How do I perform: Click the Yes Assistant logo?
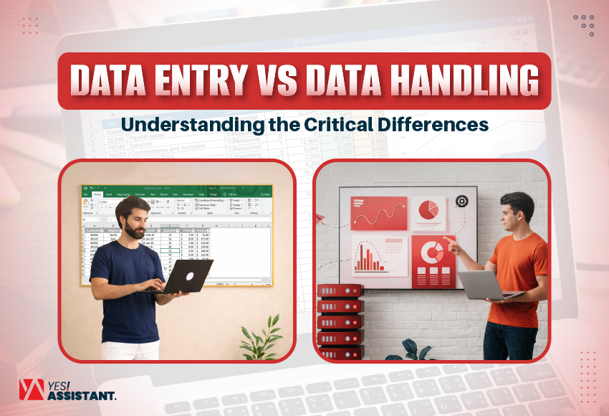tap(67, 391)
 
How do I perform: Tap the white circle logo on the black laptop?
tap(192, 276)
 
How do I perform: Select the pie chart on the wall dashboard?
tap(428, 209)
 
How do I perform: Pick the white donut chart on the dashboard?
tap(431, 252)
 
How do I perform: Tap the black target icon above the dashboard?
tap(462, 202)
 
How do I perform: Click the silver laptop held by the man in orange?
tap(481, 285)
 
